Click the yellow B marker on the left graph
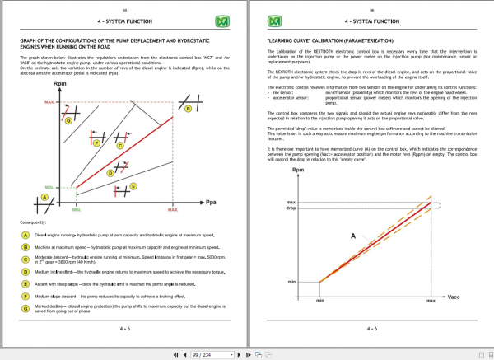point(189,108)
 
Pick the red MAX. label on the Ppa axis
point(173,210)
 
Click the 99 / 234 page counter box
point(226,354)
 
